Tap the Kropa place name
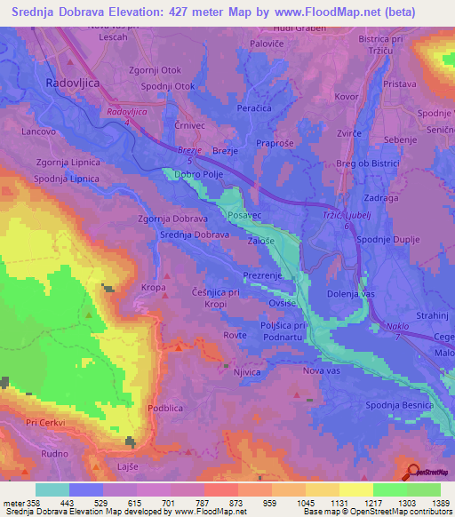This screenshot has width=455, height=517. (x=154, y=288)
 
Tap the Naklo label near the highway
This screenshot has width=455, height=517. (x=397, y=327)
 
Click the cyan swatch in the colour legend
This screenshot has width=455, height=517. (x=52, y=489)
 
